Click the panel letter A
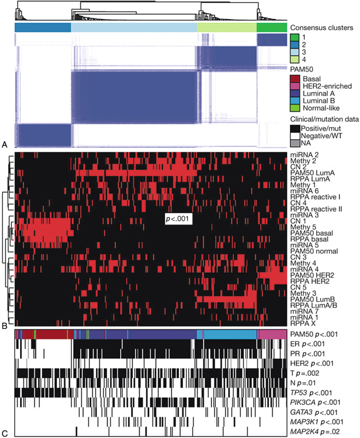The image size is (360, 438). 5,145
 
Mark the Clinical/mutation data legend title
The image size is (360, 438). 323,120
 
